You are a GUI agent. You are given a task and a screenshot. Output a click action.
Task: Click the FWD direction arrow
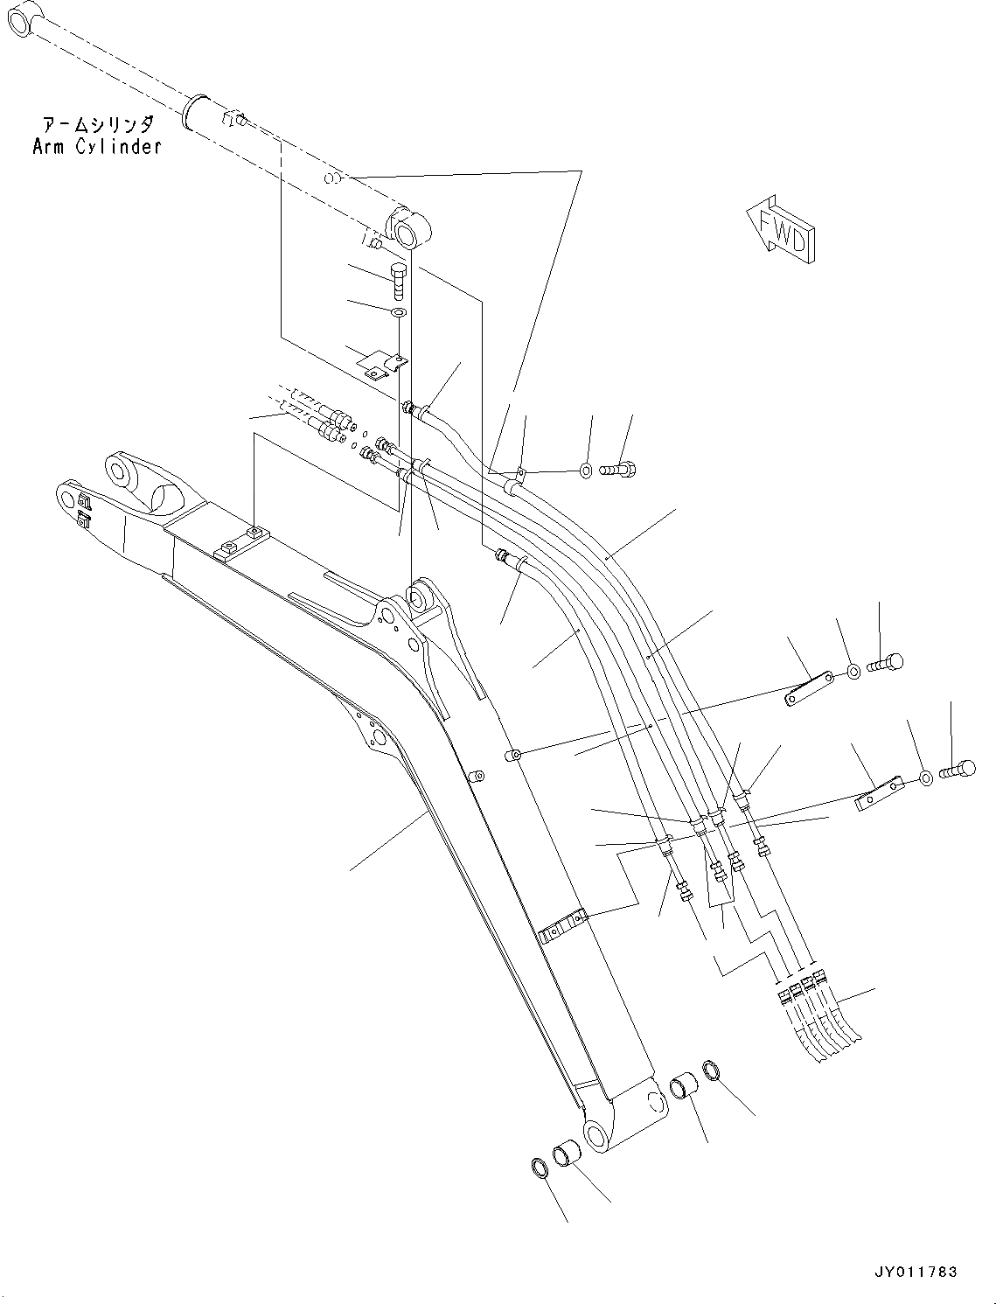click(780, 228)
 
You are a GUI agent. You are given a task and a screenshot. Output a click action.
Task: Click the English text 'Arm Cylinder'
click(97, 147)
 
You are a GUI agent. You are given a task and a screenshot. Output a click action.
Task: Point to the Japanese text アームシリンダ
click(98, 125)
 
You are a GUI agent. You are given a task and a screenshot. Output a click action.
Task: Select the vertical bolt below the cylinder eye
click(396, 279)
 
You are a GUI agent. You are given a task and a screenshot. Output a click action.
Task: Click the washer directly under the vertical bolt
click(397, 312)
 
